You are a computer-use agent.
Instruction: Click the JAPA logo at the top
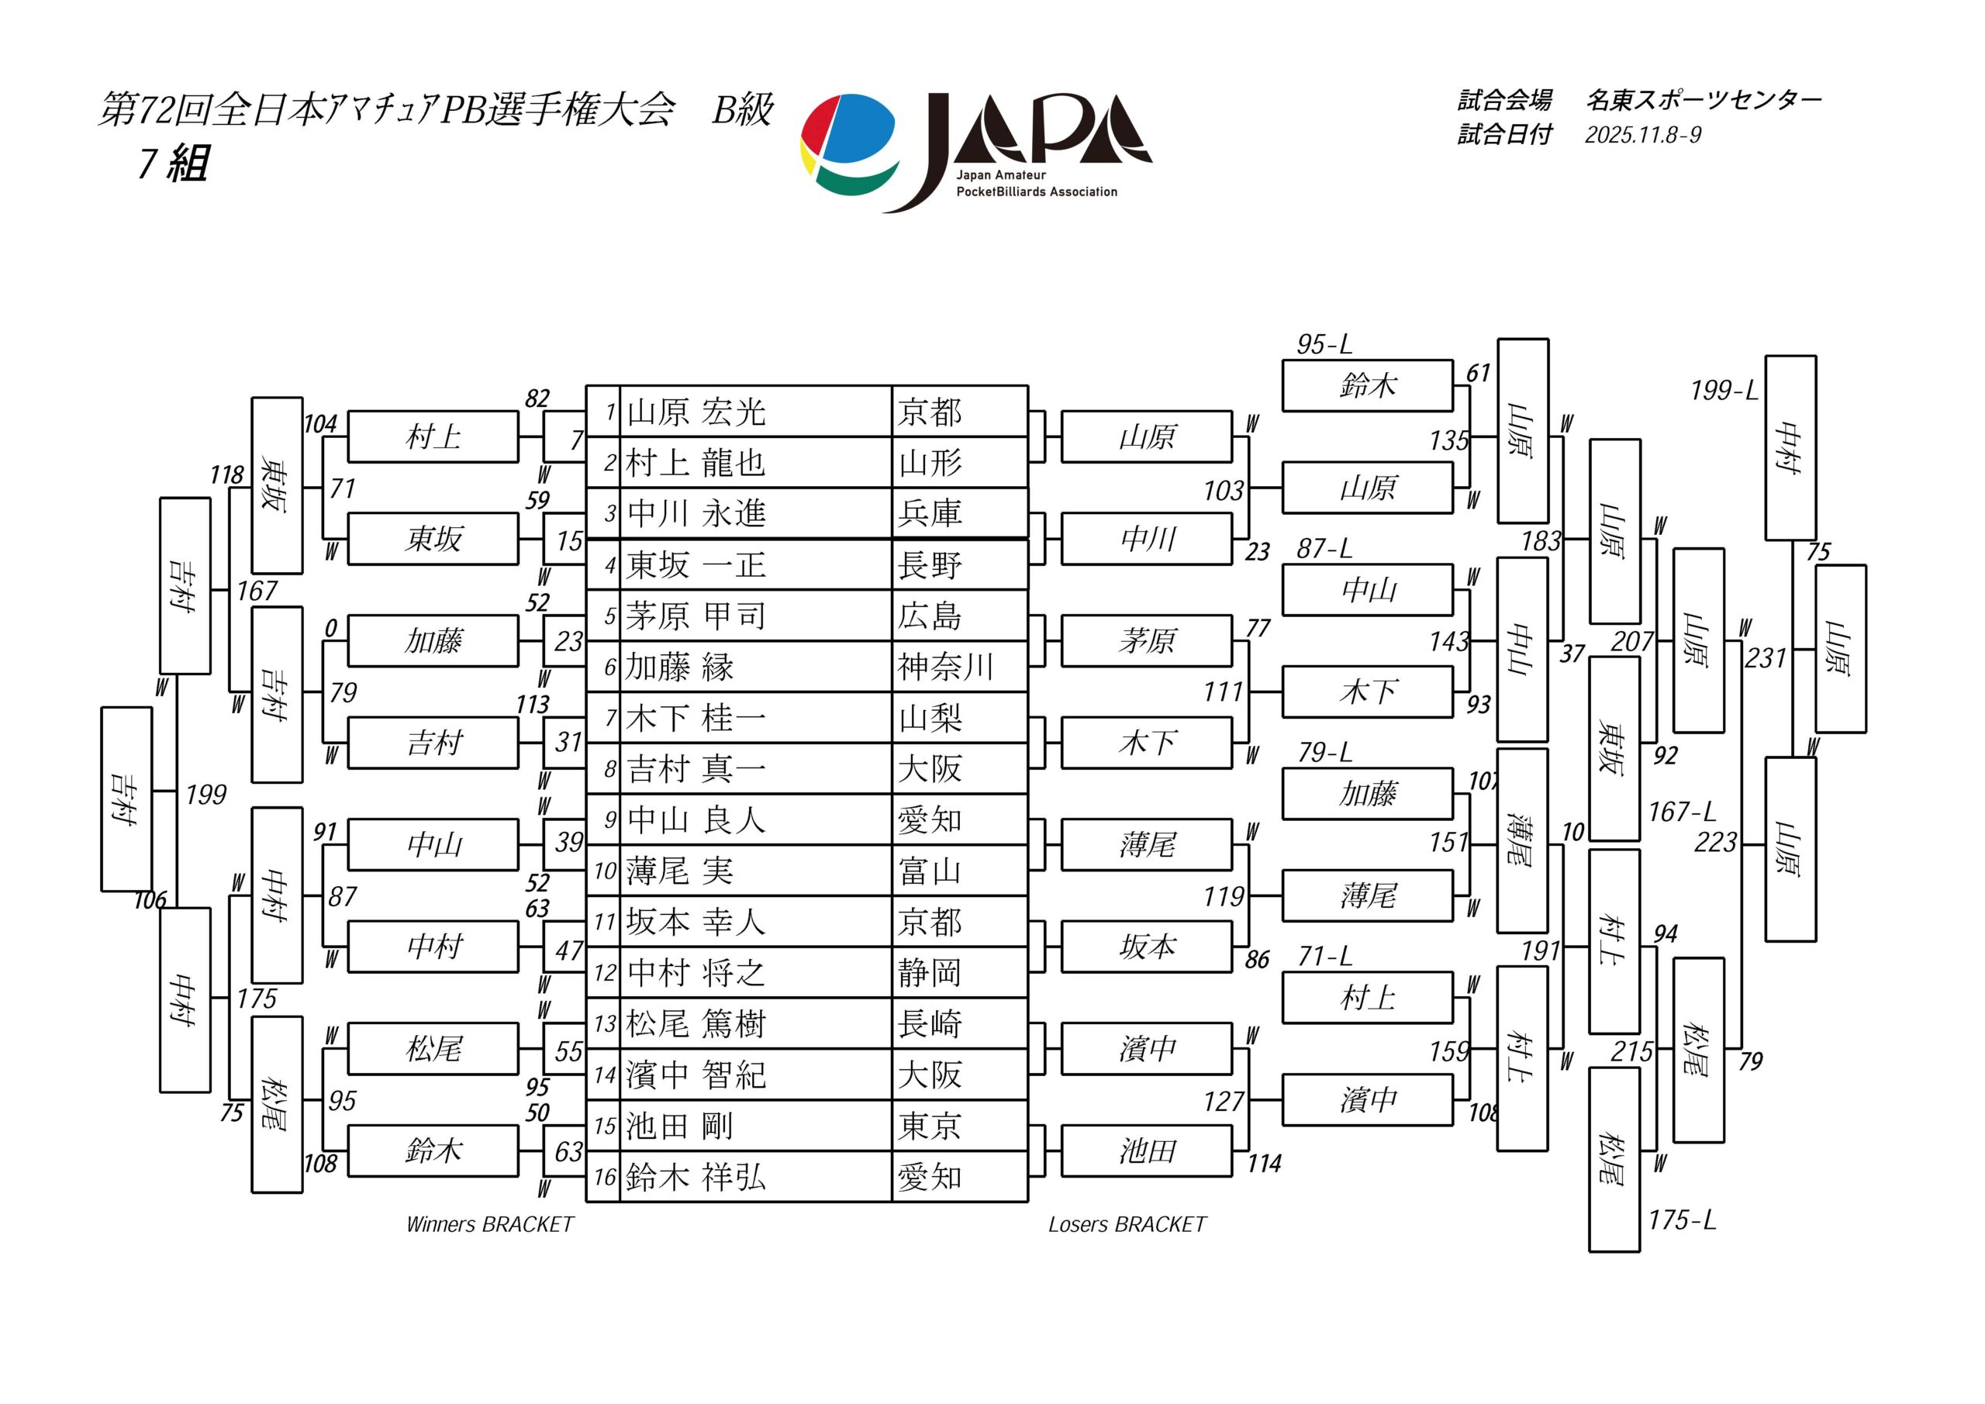pos(975,152)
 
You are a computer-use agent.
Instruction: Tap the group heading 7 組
pos(173,163)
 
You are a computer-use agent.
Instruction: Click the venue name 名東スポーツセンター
pos(1704,101)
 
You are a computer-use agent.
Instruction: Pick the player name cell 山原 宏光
pos(697,412)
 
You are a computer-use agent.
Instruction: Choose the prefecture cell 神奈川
pos(945,668)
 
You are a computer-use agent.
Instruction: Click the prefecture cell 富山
pos(930,871)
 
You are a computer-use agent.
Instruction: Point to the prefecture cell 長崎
pos(930,1024)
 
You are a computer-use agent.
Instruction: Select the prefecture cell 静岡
pos(930,974)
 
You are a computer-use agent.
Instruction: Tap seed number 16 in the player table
pos(604,1178)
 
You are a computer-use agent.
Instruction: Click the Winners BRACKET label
pos(489,1224)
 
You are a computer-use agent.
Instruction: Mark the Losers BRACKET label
pos(1127,1224)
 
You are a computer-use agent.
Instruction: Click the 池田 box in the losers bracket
pos(1146,1151)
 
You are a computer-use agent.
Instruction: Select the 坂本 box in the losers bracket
pos(1146,947)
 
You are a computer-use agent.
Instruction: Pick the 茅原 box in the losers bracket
pos(1146,640)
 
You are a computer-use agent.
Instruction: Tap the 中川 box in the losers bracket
pos(1146,540)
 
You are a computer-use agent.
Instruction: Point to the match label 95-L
pos(1324,345)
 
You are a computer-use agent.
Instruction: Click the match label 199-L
pos(1724,391)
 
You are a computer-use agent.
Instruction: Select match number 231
pos(1765,659)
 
